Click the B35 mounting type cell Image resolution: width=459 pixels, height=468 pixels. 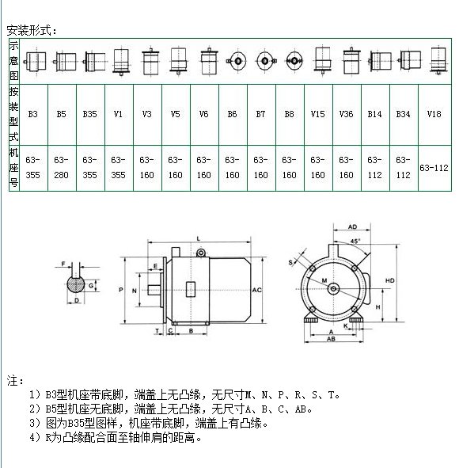coord(90,115)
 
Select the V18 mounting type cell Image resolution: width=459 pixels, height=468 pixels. coord(434,115)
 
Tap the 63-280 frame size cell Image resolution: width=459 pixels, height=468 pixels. coord(62,168)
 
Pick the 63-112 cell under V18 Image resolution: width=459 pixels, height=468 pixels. coord(434,168)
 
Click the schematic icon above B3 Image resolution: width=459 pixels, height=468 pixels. coord(35,62)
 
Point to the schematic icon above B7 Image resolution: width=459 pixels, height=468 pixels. coord(265,61)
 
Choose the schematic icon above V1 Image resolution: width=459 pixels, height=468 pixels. coord(121,62)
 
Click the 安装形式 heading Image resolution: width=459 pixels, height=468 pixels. coord(32,30)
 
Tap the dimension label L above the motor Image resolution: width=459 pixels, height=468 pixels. coord(199,238)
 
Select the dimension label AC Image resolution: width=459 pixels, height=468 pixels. coord(256,290)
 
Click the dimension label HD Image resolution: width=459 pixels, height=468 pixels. coord(390,280)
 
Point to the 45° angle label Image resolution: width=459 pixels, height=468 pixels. coord(355,241)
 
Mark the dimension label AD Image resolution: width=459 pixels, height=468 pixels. coord(352,226)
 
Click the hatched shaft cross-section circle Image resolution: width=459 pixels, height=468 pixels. coord(76,285)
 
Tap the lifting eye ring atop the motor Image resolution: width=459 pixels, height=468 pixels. coord(201,253)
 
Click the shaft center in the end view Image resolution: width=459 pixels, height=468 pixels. coord(333,288)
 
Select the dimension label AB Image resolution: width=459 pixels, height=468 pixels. coord(331,339)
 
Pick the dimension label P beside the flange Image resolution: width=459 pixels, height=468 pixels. coord(121,290)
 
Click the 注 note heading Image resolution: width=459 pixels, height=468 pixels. coord(15,381)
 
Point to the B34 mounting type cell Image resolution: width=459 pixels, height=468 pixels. coord(404,115)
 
